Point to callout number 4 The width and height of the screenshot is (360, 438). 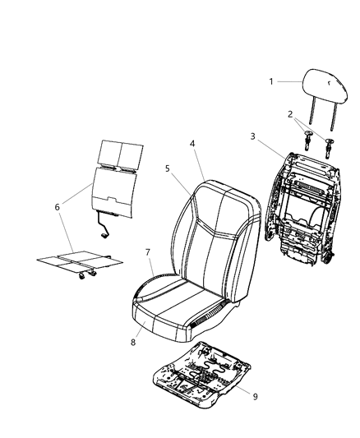192,143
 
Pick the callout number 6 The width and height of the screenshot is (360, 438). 58,207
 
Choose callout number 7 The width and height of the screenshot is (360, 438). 148,251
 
